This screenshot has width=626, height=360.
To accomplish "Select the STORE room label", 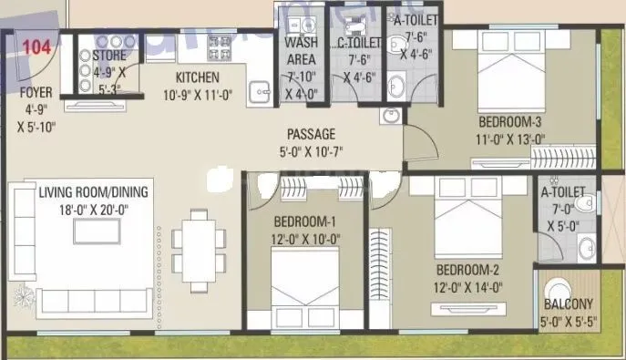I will (x=109, y=56).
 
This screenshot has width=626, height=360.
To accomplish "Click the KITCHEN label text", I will (x=198, y=78).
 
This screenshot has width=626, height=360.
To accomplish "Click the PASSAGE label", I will (x=312, y=133).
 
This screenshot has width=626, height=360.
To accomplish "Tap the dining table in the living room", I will (x=197, y=241).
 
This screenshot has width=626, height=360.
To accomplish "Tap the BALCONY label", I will (x=569, y=304).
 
